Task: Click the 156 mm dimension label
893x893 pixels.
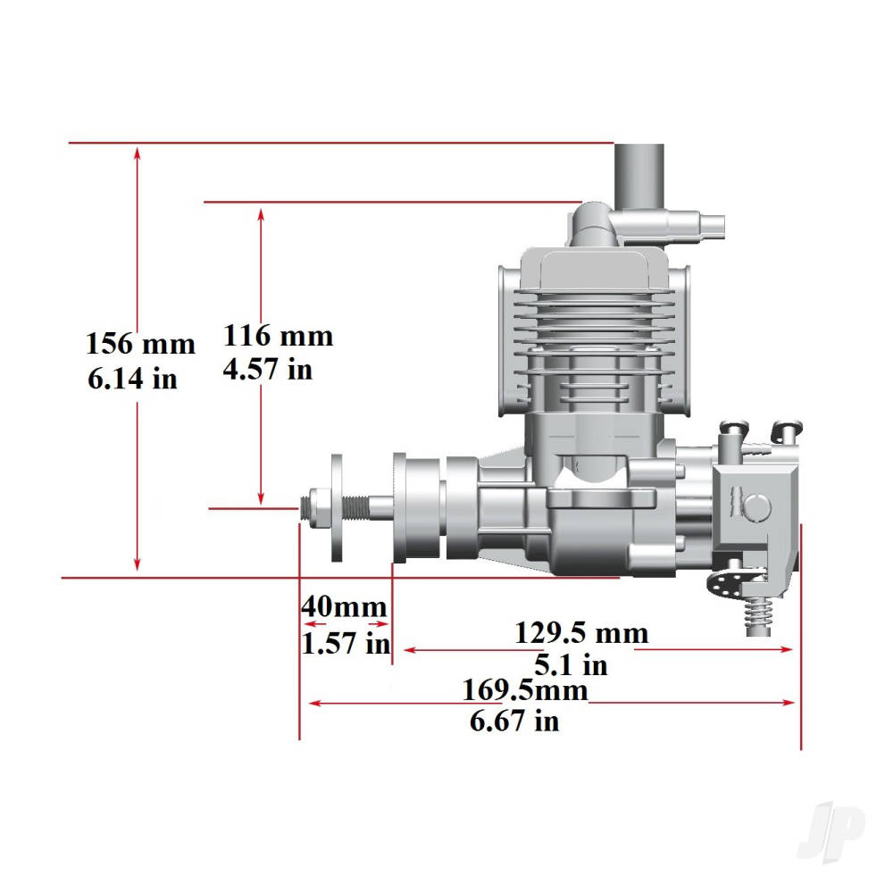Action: tap(140, 344)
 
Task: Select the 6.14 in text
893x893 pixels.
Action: tap(131, 379)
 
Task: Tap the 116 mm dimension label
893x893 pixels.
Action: tap(278, 337)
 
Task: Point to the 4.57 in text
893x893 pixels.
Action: tap(268, 369)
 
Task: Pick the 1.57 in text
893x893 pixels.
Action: tap(346, 642)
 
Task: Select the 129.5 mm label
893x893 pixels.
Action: tap(580, 633)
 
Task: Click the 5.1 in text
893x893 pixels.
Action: tap(572, 665)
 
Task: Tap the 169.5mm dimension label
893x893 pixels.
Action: tap(525, 690)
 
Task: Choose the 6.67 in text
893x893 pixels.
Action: tap(514, 721)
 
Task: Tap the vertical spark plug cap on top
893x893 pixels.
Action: tap(638, 174)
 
